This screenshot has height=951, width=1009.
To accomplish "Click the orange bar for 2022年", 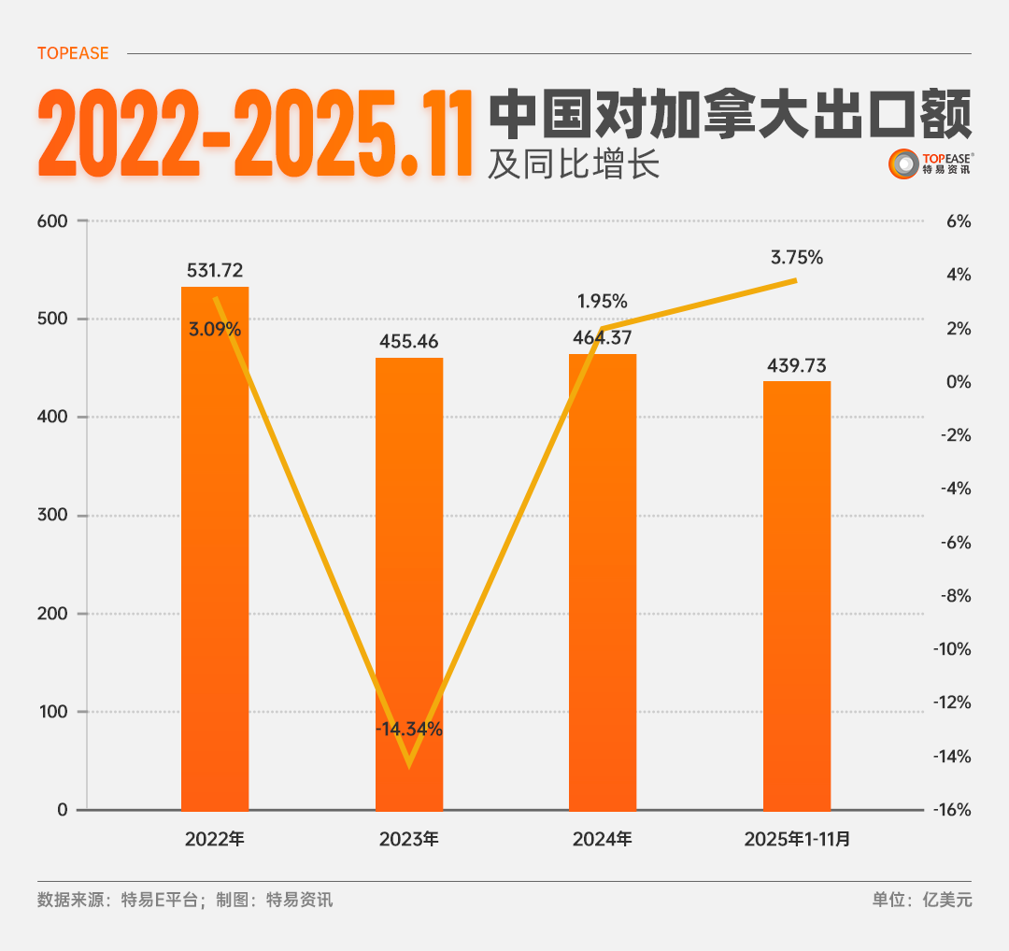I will pos(215,561).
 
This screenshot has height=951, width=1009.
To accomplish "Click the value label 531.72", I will pos(215,271).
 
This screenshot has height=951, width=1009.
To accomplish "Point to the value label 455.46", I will pos(409,341).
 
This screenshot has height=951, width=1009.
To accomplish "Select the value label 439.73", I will pos(797,365).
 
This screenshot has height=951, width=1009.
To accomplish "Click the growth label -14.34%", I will pos(409,730).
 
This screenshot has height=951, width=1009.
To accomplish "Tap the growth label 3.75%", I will pos(797,258).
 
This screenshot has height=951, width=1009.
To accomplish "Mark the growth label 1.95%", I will pos(603,302).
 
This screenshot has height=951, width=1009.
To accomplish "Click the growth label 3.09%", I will pos(215,329).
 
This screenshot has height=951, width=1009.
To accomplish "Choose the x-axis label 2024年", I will pos(603,839).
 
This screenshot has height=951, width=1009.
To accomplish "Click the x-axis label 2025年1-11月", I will pos(797,839).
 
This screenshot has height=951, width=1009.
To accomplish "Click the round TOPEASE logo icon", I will pos(903,164).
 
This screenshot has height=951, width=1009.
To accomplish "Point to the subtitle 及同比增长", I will pos(574,164).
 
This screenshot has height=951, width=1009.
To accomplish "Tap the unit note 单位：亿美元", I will pos(922,901).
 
